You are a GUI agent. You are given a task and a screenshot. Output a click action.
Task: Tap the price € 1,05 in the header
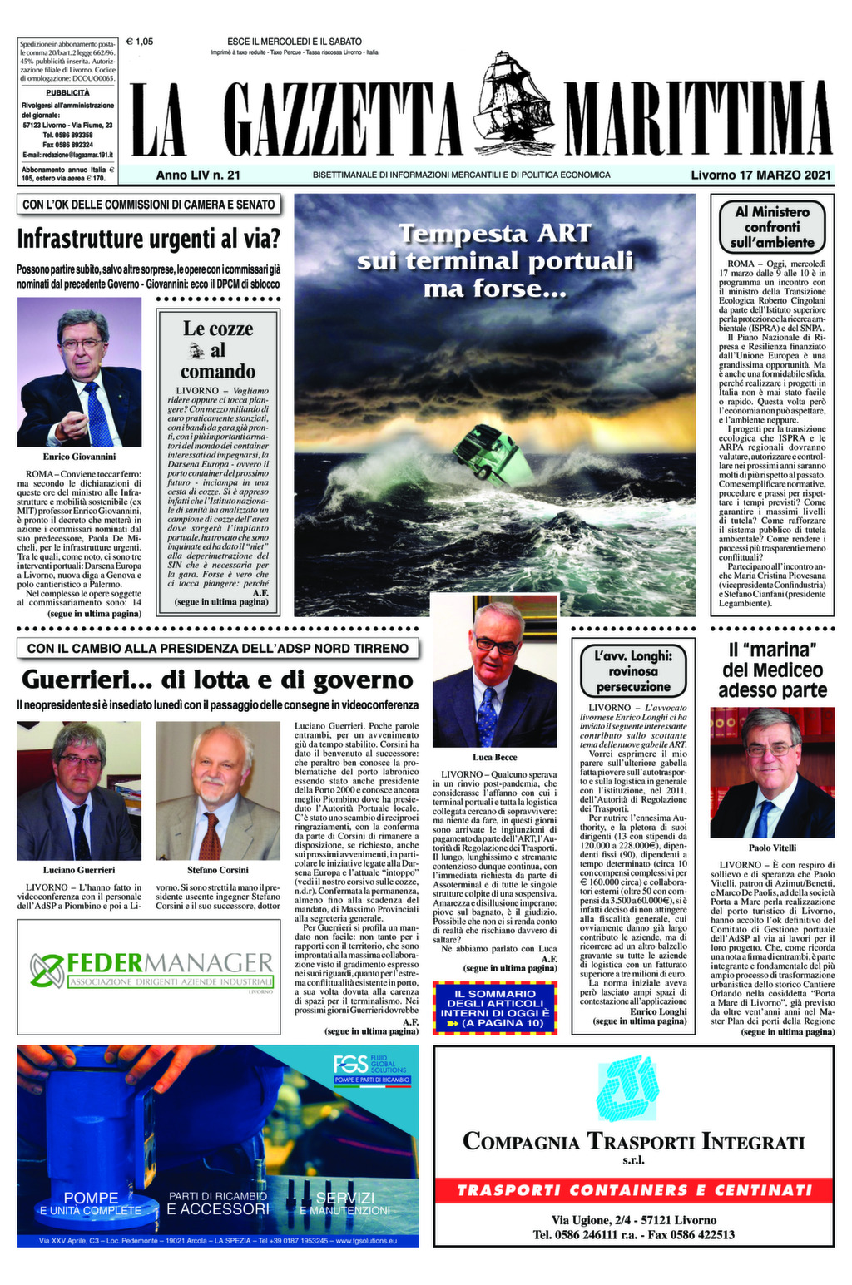tap(140, 41)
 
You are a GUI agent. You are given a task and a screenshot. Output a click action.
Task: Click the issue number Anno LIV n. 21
tap(198, 175)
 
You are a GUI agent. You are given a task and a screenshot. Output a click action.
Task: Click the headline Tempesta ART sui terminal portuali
tap(495, 260)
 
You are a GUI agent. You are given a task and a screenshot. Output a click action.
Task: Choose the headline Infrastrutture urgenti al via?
tap(149, 240)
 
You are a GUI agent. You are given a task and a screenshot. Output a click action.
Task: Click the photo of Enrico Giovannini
tap(80, 373)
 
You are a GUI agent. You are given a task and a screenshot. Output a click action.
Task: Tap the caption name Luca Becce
tap(494, 757)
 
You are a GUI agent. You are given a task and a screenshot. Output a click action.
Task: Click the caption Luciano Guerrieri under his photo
tap(79, 870)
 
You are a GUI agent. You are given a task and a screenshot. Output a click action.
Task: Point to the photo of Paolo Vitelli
tap(772, 773)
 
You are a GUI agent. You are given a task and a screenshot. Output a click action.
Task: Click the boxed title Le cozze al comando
tap(218, 350)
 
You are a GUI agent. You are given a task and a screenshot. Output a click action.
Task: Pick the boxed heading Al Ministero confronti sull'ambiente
tap(772, 227)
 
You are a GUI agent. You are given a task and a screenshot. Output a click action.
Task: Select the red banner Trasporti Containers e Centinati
tap(634, 1190)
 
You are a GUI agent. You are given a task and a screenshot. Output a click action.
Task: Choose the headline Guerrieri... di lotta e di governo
tap(217, 680)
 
